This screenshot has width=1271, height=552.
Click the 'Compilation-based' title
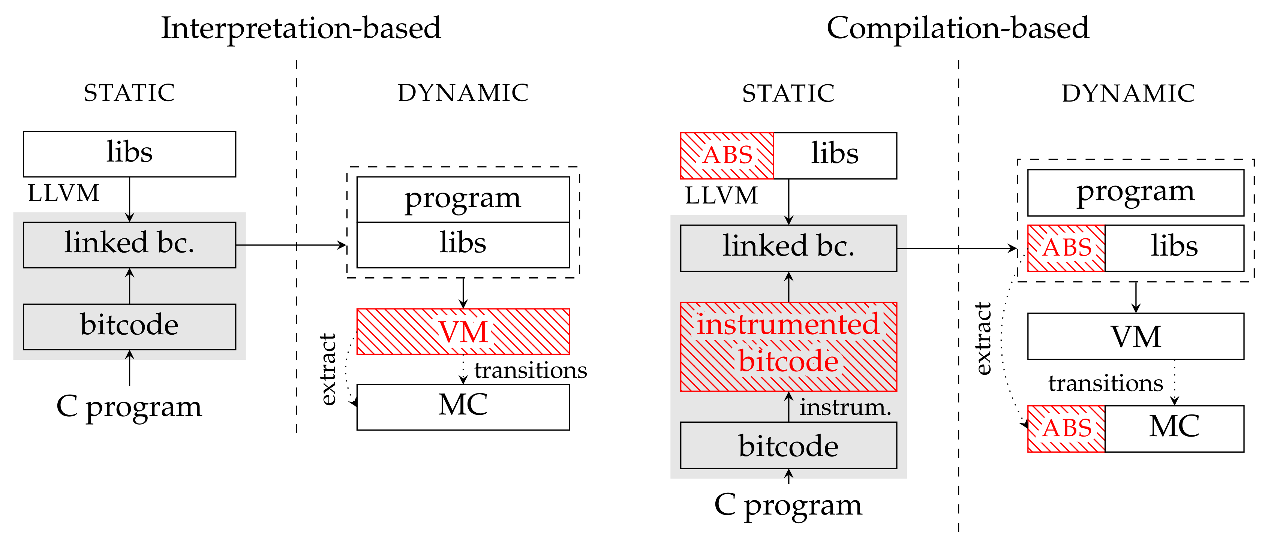957,28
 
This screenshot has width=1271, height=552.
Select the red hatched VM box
463,332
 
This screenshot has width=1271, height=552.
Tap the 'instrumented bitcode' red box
788,346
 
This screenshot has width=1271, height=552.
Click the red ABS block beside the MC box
1066,428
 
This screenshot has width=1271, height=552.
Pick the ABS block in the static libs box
727,156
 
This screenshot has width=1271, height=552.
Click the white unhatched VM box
1135,337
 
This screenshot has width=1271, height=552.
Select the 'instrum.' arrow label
845,407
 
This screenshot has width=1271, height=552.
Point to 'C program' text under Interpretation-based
129,407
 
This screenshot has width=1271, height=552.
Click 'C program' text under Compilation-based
788,505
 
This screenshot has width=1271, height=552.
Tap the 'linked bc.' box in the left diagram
129,245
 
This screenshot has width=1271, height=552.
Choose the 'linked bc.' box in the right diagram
788,248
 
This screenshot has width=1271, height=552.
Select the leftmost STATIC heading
129,93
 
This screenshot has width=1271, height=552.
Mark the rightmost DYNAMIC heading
1128,93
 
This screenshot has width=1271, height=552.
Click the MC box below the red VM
463,407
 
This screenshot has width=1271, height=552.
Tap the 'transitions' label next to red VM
531,370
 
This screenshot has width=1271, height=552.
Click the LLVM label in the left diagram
63,193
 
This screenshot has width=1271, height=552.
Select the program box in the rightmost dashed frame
1135,192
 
